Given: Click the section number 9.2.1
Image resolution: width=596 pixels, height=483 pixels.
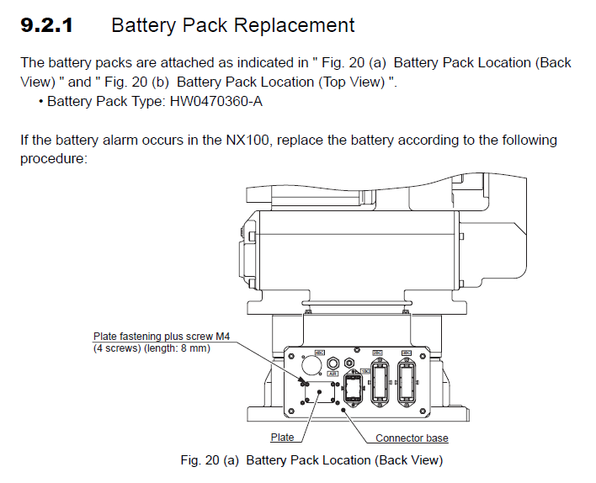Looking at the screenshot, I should pyautogui.click(x=46, y=25).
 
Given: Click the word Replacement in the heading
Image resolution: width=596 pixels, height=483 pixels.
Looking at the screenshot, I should pyautogui.click(x=293, y=25).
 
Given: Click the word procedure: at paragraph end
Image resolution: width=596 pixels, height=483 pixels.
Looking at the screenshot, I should pyautogui.click(x=53, y=157).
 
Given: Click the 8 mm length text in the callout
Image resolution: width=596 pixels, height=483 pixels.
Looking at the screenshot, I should pyautogui.click(x=192, y=348).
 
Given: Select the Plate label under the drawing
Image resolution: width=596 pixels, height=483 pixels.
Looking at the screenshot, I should pyautogui.click(x=282, y=438).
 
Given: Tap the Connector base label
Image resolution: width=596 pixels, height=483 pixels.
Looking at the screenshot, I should pyautogui.click(x=412, y=438).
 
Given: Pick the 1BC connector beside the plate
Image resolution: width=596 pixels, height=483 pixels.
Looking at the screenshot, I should pyautogui.click(x=353, y=391).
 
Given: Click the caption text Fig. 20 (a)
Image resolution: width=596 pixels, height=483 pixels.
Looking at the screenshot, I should pyautogui.click(x=210, y=460).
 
